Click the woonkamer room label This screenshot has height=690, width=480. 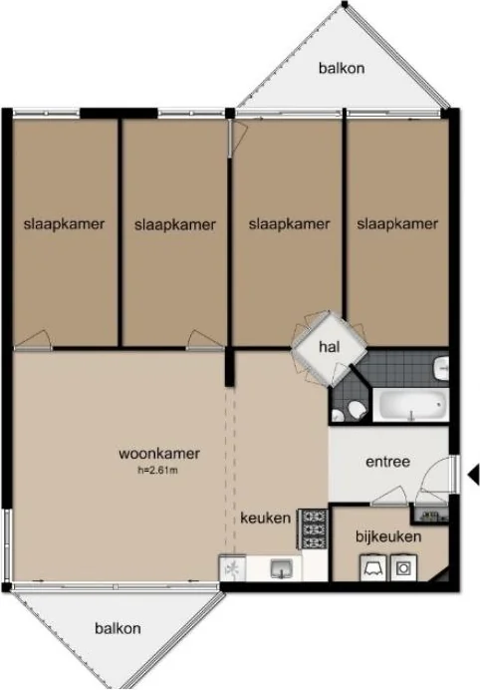[159, 454]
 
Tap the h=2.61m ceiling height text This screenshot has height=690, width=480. [157, 470]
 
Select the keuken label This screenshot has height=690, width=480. [266, 517]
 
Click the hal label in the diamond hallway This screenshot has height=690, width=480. [330, 347]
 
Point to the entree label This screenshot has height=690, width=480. [387, 462]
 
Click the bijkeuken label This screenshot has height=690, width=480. [388, 536]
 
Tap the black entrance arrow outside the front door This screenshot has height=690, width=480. [472, 475]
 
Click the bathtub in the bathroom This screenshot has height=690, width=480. [411, 405]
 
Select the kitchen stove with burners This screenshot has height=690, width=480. [313, 528]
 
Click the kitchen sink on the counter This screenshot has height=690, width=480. [281, 568]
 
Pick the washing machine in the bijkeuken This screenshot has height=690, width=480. [403, 567]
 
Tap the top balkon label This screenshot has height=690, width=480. [342, 68]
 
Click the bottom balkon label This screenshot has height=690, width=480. [118, 628]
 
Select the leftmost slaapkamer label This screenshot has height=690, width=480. [64, 224]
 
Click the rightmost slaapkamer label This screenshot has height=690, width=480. [397, 224]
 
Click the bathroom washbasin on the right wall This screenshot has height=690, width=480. [442, 368]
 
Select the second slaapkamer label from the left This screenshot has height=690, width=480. [175, 225]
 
